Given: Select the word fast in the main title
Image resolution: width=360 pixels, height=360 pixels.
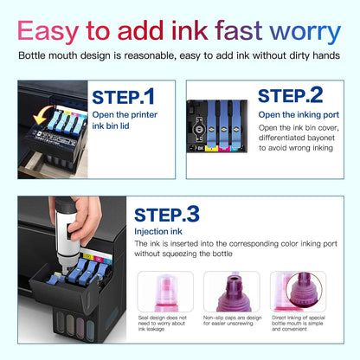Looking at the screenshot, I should click(235, 32).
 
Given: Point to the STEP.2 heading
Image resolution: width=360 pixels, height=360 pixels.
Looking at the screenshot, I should click(290, 94).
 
